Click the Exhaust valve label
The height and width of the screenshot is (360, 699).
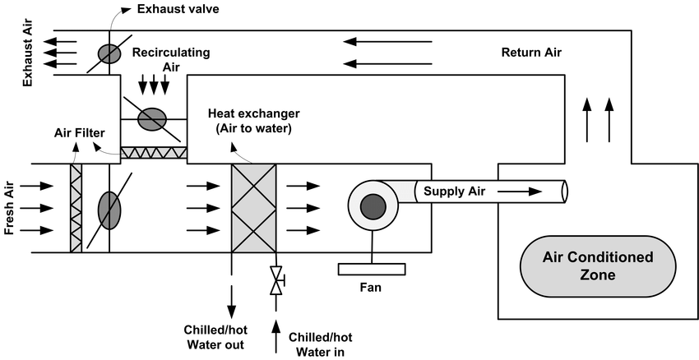point(178,10)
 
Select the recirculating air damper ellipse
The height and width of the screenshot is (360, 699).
point(151,119)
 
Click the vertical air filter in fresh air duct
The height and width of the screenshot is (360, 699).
point(76,208)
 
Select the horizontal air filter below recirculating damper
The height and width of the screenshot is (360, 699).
point(154,153)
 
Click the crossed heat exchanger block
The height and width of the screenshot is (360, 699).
point(254,208)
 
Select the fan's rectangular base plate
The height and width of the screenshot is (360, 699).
point(372,269)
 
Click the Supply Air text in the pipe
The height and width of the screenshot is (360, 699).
point(455,192)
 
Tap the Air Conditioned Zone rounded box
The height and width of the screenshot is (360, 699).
point(598,266)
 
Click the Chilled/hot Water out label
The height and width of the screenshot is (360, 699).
point(214,337)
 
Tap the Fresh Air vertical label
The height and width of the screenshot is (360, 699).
point(11,208)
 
